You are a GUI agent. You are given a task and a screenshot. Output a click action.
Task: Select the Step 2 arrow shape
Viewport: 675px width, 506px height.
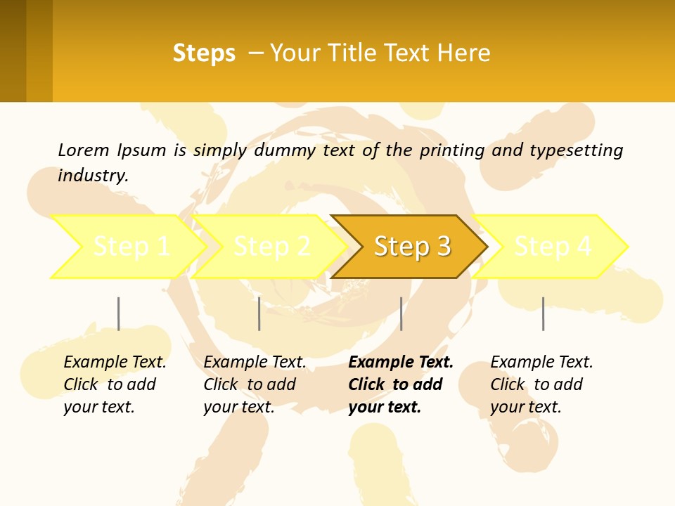coord(271,247)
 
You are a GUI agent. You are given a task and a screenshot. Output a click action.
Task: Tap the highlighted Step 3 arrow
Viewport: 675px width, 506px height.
coord(411,247)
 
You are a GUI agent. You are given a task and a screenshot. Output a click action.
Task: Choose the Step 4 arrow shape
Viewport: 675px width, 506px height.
coord(552,247)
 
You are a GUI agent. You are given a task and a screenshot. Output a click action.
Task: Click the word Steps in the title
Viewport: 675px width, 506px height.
coord(204,53)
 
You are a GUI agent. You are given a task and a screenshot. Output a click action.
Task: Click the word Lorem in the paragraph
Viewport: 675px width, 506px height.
coord(84,150)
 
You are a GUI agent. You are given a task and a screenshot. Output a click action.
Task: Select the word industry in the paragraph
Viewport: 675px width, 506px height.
coord(92,175)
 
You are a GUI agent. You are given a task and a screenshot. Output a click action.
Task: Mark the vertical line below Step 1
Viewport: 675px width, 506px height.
coord(118,313)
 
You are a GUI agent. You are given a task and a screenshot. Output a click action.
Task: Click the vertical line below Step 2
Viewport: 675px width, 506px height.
coord(259,313)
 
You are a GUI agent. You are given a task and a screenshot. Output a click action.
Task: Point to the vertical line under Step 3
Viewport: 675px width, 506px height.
coord(401,313)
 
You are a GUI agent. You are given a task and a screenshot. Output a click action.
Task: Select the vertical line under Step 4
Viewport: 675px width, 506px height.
coord(543,313)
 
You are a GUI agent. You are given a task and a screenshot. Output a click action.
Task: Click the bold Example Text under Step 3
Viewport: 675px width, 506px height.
coord(401,363)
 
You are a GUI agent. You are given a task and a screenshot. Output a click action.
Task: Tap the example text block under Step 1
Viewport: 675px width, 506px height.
coord(115,384)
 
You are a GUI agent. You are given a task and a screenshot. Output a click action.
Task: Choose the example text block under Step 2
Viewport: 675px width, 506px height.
coord(255,384)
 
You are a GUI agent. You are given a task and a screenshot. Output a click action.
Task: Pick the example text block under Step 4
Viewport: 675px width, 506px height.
coord(541,384)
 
